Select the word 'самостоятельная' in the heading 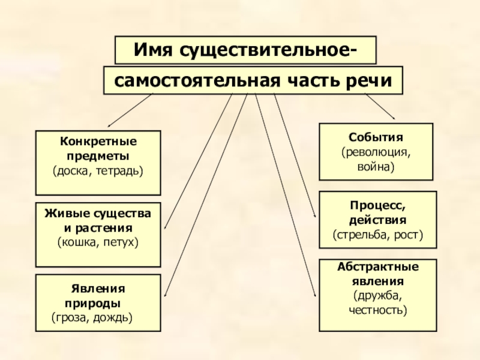(x=193, y=80)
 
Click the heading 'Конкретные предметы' (x=98, y=149)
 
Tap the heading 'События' (x=376, y=136)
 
